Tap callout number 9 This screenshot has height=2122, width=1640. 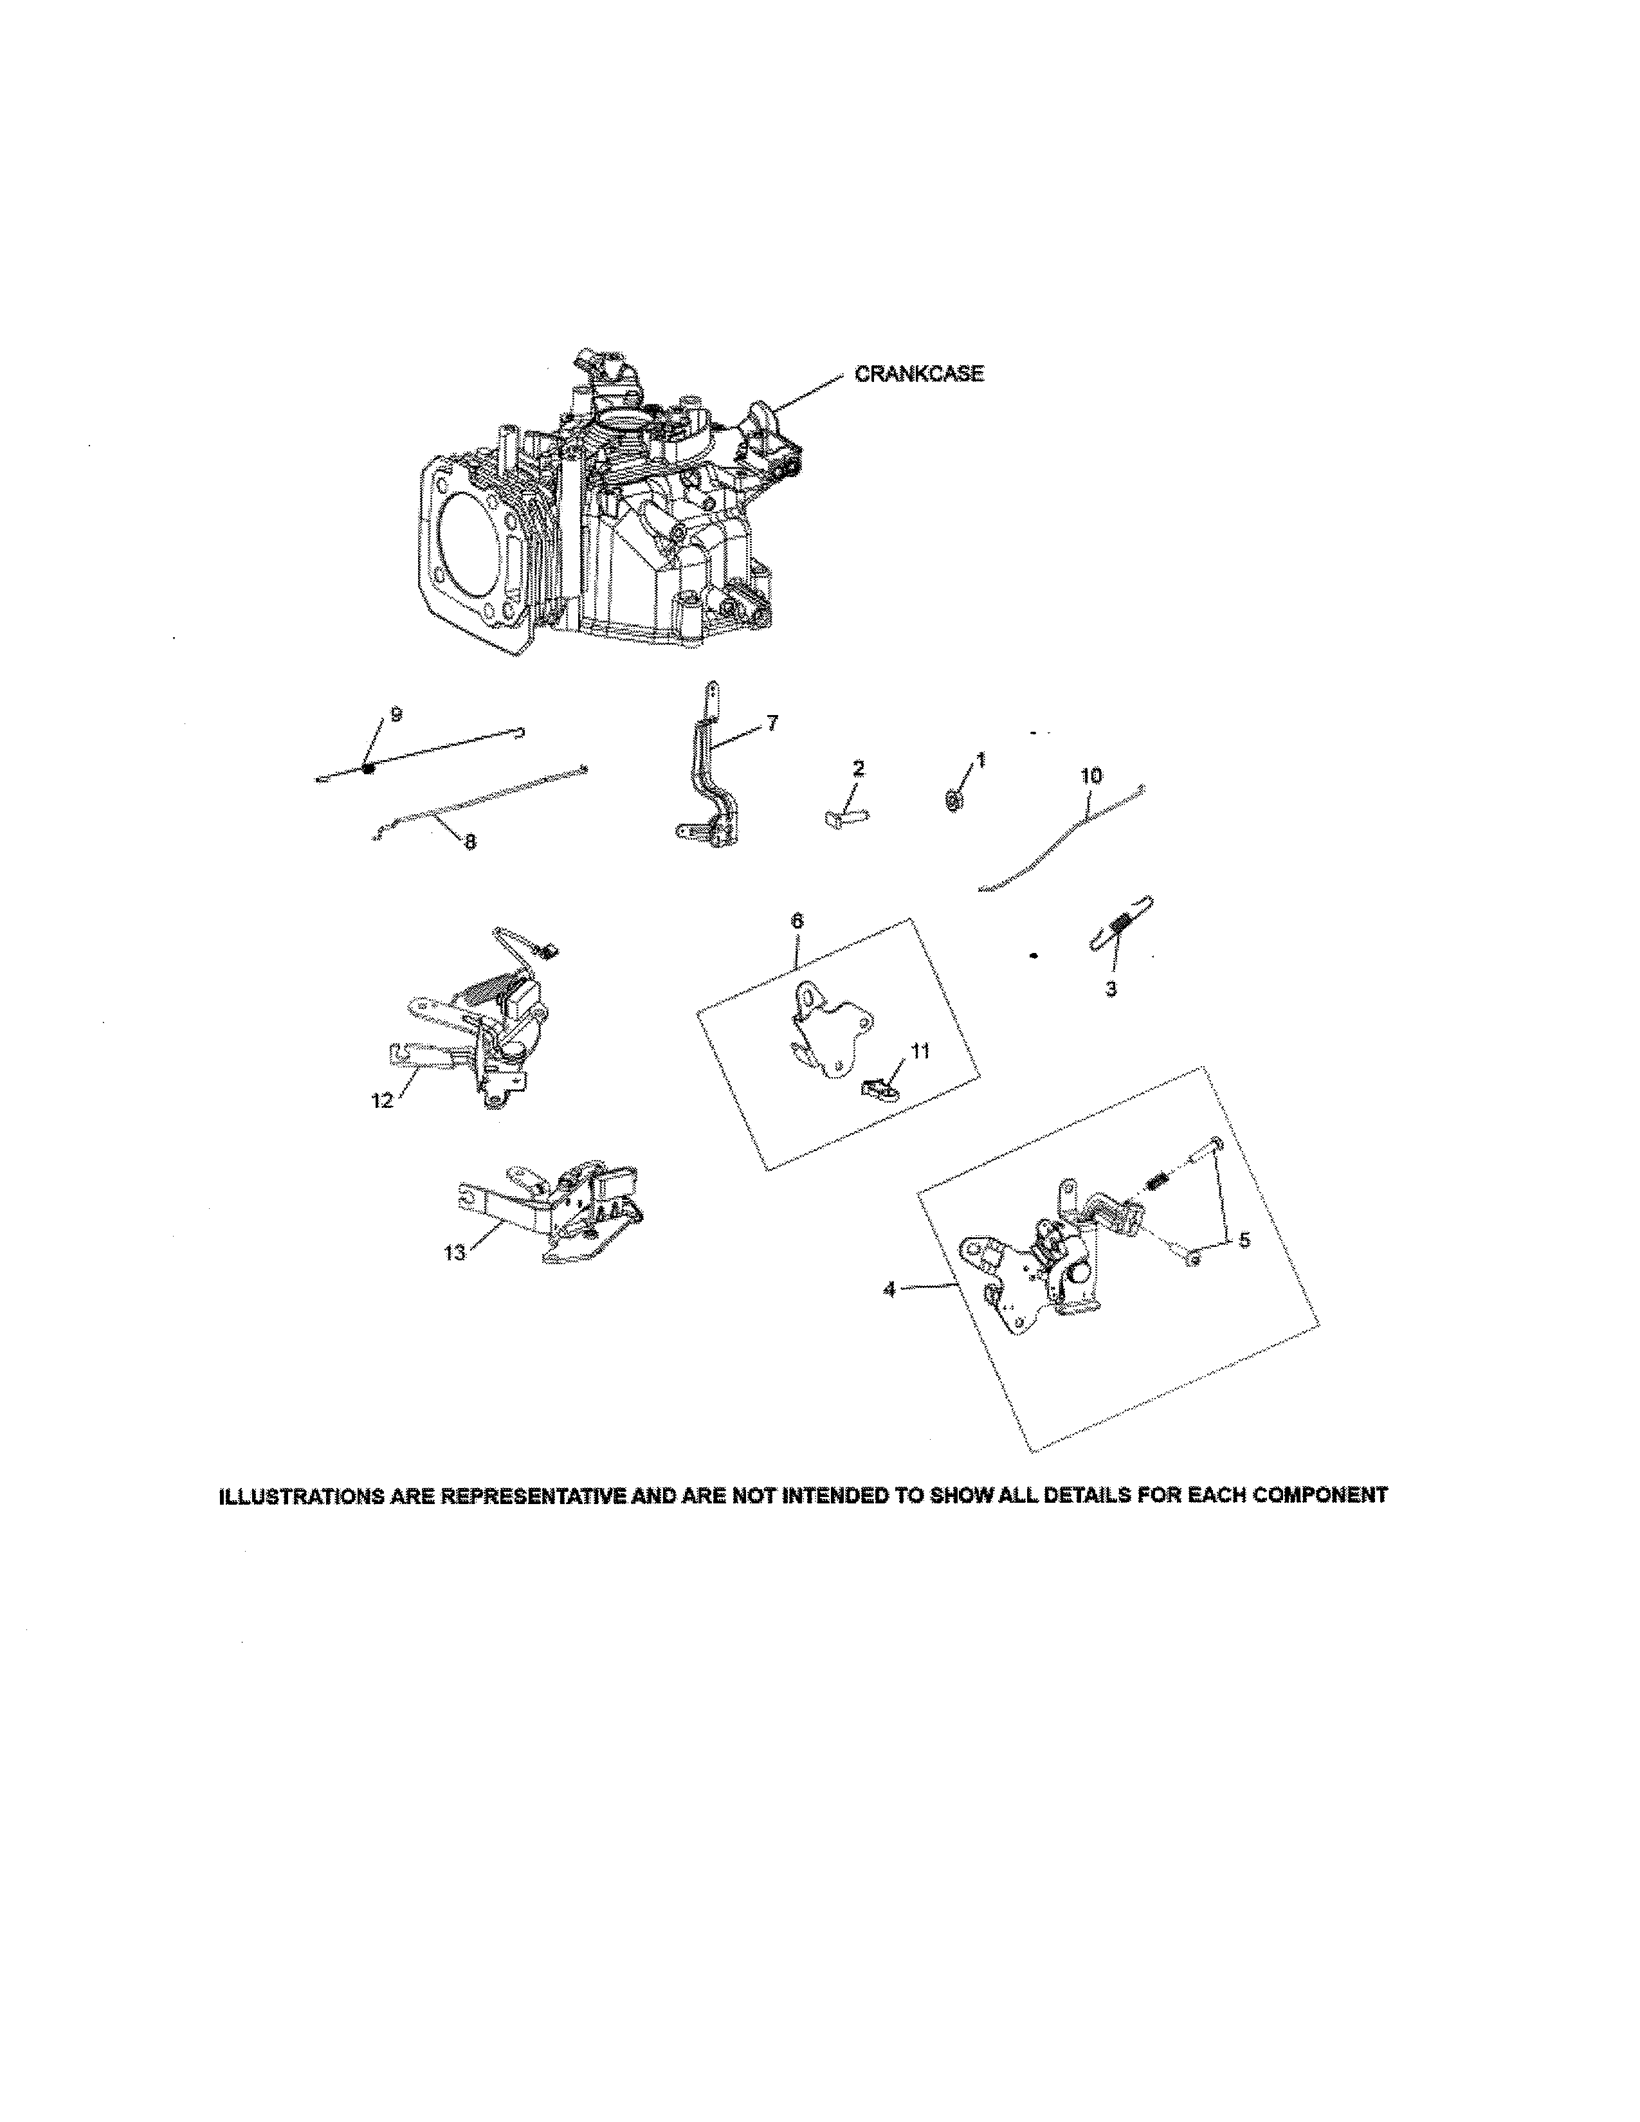click(396, 714)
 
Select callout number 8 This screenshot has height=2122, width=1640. click(470, 842)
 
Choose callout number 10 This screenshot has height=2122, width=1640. click(1091, 776)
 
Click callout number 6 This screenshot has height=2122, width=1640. click(797, 920)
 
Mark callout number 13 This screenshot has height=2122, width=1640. click(455, 1253)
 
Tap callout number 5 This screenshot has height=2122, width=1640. click(1244, 1241)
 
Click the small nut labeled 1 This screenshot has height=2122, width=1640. click(953, 801)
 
